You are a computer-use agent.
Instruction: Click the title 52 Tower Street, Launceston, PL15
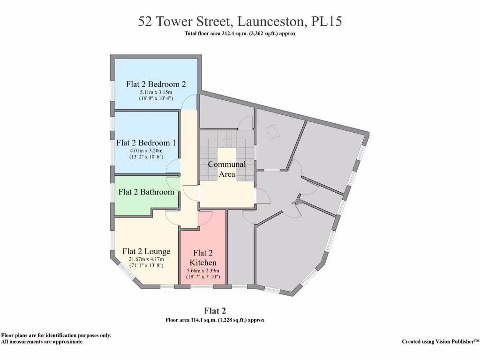point(240,22)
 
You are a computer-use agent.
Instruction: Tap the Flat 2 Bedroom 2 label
point(156,84)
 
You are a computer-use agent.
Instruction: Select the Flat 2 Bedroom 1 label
point(146,142)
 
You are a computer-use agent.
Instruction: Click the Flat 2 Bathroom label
point(146,192)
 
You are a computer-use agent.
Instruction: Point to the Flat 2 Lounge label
point(146,252)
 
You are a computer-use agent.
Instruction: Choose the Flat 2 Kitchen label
point(203,257)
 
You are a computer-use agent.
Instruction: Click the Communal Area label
point(226,169)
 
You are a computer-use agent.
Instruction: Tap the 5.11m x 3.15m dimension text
point(156,92)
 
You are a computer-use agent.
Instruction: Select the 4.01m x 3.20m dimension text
point(146,150)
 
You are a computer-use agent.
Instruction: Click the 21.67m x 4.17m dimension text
point(146,260)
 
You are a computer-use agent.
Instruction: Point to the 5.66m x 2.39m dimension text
point(203,271)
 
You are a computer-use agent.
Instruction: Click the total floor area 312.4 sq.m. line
point(240,34)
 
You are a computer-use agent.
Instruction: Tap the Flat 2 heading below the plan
point(215,311)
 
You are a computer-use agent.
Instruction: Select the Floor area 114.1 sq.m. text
point(215,321)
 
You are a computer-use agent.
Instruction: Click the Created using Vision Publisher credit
point(440,342)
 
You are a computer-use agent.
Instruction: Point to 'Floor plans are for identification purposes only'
point(56,336)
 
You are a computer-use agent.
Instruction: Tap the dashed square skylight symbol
point(272,133)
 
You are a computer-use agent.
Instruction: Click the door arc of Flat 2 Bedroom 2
point(190,101)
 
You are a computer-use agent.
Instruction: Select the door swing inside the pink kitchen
point(205,218)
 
